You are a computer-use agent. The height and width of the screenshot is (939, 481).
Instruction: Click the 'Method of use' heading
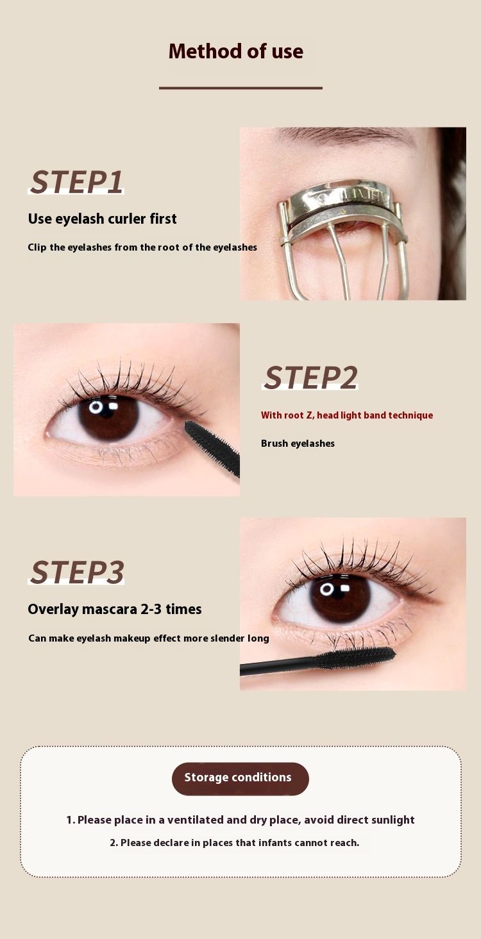[x=235, y=51]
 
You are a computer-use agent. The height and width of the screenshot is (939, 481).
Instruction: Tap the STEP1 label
[x=77, y=182]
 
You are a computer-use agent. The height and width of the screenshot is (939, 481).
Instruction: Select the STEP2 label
[x=311, y=378]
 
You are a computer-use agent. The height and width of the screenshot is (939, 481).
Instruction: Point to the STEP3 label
[x=77, y=572]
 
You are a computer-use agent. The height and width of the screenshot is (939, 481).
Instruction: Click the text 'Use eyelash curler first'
[x=103, y=219]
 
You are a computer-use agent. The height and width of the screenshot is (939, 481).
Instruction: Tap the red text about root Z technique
[x=347, y=415]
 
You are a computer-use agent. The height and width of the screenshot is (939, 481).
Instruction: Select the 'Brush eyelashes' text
[x=298, y=444]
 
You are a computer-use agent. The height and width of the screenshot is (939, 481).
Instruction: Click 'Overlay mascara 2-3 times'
[x=115, y=609]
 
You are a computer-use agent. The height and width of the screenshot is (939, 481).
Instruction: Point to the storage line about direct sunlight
[x=240, y=820]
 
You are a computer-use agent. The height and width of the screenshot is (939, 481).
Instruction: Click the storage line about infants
[x=235, y=843]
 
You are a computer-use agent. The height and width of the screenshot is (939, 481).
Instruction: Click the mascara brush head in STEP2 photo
[x=212, y=448]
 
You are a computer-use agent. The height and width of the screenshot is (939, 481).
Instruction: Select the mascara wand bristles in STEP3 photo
[x=357, y=657]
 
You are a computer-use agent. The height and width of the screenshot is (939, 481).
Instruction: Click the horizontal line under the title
[x=240, y=88]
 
